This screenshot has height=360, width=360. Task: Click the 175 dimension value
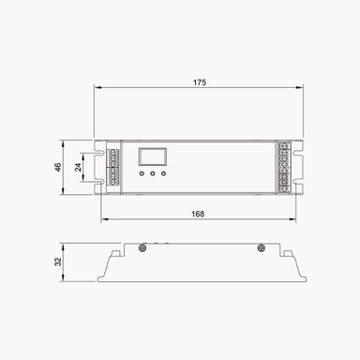click(199, 82)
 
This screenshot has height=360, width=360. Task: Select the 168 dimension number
click(198, 214)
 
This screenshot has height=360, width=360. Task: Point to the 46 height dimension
click(57, 168)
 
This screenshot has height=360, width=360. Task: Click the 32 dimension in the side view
click(57, 262)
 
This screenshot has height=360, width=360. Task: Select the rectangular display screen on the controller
click(152, 157)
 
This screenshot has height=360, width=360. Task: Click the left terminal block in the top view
click(113, 168)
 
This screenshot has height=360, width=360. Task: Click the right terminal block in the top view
click(284, 168)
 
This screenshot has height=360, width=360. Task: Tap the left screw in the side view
click(142, 247)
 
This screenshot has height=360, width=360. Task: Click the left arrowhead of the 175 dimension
click(97, 90)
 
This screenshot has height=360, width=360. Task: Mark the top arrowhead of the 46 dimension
click(64, 143)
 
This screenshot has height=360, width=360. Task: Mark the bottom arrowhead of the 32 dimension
click(64, 280)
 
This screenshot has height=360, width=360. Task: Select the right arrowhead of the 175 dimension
click(302, 90)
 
